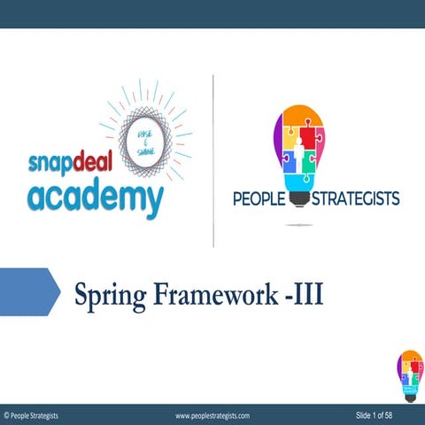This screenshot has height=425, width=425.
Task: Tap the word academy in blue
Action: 95,197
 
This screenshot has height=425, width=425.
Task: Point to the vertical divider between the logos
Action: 213,159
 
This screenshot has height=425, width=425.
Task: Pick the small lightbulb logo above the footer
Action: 409,371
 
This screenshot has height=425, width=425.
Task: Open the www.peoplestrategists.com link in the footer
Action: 212,414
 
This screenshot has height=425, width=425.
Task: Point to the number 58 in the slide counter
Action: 413,414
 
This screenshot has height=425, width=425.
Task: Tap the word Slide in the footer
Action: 365,414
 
